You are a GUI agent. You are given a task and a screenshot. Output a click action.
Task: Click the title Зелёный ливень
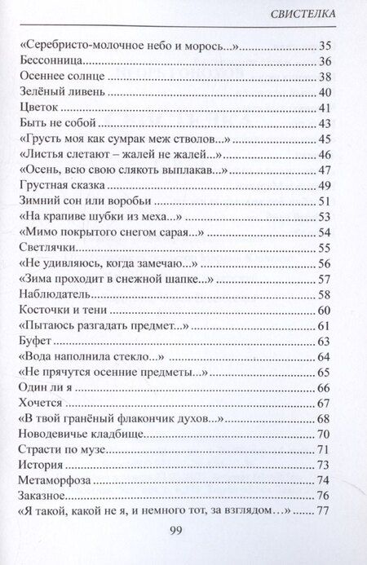(x=59, y=92)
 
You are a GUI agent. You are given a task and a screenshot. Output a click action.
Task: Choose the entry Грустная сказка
(x=63, y=185)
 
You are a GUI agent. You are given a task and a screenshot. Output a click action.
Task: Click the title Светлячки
(x=51, y=247)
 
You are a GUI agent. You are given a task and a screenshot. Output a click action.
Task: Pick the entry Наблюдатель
(x=55, y=294)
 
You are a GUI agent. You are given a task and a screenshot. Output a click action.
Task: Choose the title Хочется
(x=43, y=402)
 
